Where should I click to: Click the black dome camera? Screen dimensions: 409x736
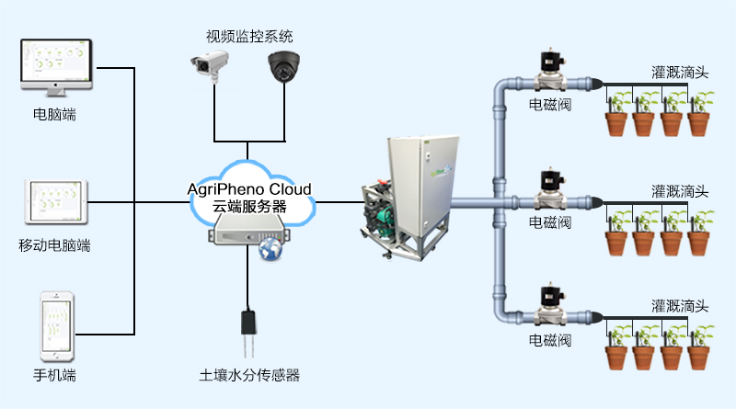pos(284,66)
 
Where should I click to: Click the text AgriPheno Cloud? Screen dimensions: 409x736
pos(249,188)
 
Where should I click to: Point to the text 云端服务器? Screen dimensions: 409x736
pos(249,207)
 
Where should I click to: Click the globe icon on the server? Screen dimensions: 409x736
pos(271,251)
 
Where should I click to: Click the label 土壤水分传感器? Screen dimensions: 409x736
pos(249,376)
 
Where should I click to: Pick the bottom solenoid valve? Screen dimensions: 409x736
pos(551,307)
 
